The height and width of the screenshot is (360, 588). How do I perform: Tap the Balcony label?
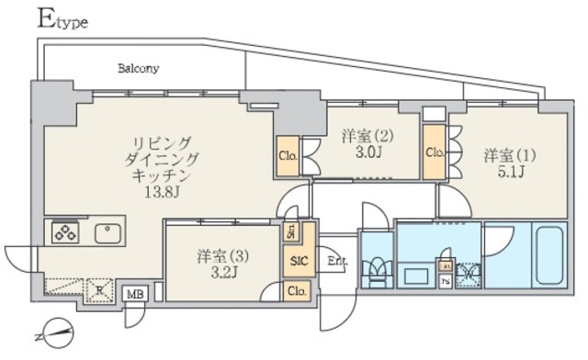pos(139,68)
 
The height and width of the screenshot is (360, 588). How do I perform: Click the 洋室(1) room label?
pos(508,156)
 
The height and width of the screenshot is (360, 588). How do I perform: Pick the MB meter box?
pos(136,294)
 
